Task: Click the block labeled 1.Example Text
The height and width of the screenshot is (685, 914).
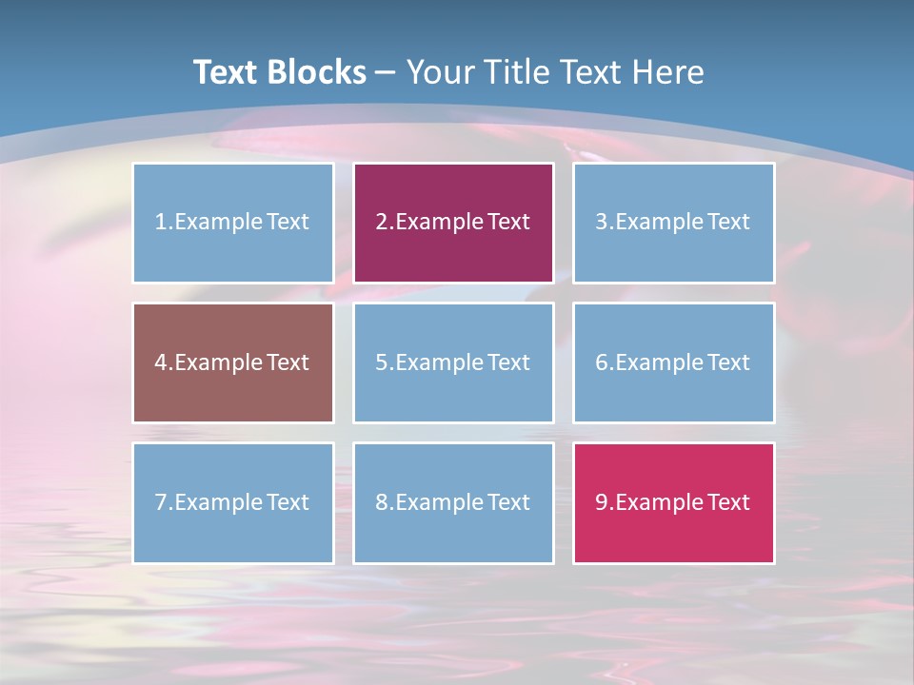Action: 233,223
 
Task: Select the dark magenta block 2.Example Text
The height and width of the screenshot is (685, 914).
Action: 453,223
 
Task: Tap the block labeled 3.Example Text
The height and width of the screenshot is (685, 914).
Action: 673,223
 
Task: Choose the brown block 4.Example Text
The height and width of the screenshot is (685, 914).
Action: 233,362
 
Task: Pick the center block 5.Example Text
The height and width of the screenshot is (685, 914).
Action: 453,362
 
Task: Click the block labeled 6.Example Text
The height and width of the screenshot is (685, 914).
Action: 673,362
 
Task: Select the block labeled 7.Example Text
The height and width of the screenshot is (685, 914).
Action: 233,502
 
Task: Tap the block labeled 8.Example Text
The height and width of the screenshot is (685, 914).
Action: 453,502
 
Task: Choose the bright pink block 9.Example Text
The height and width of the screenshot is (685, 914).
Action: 673,502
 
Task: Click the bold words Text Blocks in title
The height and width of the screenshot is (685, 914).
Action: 279,72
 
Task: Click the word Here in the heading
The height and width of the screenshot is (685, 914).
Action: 669,72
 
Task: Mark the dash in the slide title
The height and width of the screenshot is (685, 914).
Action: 386,73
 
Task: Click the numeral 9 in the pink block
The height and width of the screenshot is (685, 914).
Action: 602,502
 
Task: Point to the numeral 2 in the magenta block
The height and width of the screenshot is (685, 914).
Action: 382,223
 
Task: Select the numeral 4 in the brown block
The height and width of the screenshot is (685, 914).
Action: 161,362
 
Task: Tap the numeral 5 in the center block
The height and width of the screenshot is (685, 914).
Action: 382,362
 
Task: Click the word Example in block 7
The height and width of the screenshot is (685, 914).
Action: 218,502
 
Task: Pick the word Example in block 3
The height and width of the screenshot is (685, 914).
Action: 659,223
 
